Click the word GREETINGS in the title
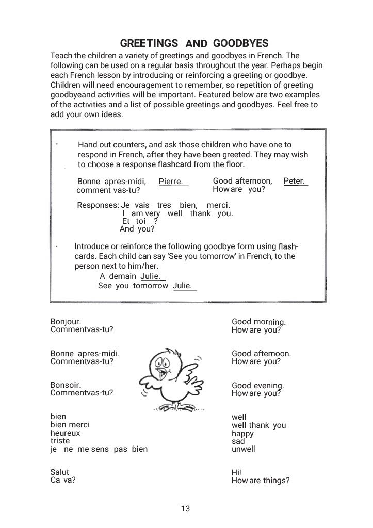pos(149,43)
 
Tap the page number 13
pos(186,509)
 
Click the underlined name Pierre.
pos(171,181)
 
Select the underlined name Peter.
pos(295,181)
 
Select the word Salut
pos(59,472)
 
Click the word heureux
pos(65,433)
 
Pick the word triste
pos(60,441)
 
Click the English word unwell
pos(244,449)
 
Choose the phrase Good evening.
pos(258,386)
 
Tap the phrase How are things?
pos(261,481)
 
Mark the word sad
pos(238,441)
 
